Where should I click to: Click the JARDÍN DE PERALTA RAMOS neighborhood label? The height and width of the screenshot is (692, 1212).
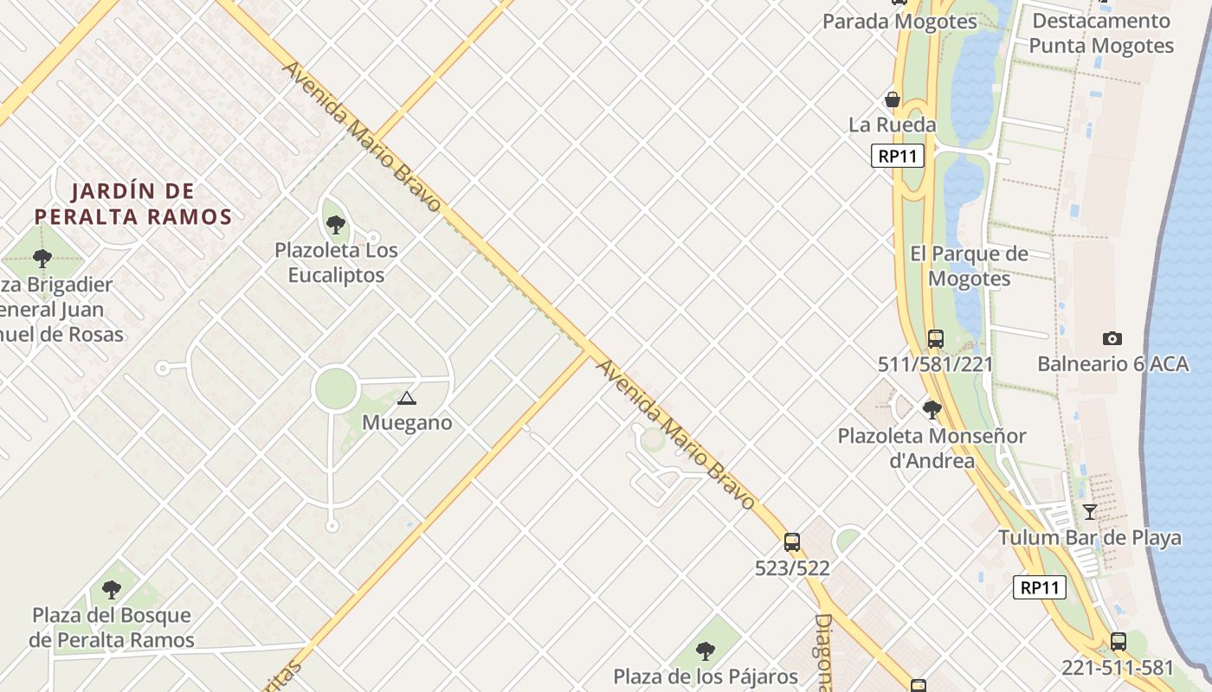coord(133,203)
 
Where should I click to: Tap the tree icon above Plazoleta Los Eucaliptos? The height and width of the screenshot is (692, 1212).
coord(336,225)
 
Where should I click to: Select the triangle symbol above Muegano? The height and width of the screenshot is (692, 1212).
coord(406,398)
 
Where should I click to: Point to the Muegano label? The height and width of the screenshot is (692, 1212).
coord(407,423)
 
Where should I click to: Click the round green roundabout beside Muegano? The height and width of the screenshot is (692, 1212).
coord(336,389)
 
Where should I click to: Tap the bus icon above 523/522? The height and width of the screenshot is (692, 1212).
coord(791,542)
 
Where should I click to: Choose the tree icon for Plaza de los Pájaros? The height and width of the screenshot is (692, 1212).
coord(706,650)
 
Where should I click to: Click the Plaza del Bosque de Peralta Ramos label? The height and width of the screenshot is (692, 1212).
coord(112,627)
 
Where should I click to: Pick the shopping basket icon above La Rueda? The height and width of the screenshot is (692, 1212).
coord(892,99)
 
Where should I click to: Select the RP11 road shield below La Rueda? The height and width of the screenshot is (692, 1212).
coord(898,156)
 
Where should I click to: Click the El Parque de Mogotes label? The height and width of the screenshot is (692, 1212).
coord(970,266)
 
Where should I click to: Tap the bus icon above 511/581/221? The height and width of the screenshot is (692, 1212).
coord(935,338)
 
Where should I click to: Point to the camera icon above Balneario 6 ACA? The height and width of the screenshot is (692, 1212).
coord(1112,338)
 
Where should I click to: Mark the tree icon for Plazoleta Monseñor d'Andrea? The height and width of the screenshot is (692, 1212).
coord(932,409)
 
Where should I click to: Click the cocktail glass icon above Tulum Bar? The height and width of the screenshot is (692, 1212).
coord(1089,511)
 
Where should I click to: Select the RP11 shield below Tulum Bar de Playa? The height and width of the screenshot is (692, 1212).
coord(1039,587)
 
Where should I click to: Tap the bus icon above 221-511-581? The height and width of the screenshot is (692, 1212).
coord(1118,642)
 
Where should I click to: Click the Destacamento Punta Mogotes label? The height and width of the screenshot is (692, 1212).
coord(1101,33)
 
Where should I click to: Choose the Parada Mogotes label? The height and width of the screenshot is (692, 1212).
coord(899,22)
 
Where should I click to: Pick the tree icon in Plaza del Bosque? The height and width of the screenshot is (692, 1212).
coord(111,590)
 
